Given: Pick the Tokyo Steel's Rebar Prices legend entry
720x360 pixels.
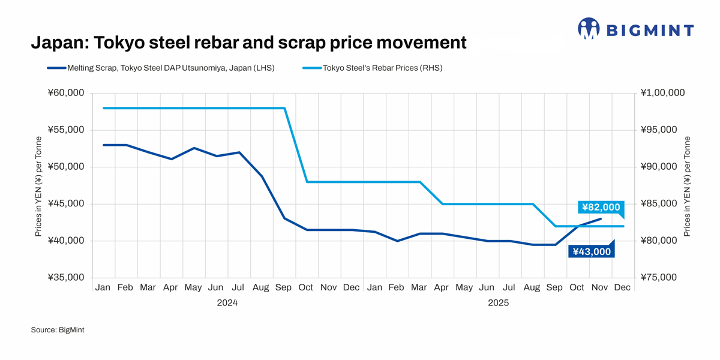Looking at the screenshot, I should (x=382, y=68).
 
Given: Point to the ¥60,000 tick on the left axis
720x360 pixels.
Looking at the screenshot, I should (x=65, y=93).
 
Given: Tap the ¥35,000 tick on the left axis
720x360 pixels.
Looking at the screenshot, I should (x=65, y=278).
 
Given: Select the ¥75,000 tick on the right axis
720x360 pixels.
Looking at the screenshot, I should (x=659, y=278).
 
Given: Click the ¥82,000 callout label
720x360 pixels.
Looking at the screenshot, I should (x=600, y=207).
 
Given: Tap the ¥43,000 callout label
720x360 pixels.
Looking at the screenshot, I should (x=592, y=252).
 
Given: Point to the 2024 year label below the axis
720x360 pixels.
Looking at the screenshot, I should (x=227, y=303).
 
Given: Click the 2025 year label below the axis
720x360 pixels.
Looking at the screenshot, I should (x=499, y=303).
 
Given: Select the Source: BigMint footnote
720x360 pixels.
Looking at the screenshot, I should (x=58, y=330).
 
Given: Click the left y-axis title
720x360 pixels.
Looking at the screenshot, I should (x=38, y=186).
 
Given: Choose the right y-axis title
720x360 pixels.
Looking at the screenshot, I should (x=688, y=186).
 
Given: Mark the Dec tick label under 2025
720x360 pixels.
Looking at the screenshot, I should (x=622, y=288).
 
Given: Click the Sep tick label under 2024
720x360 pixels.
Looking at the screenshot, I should (x=283, y=288).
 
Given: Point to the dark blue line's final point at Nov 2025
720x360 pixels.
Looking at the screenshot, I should (x=601, y=219).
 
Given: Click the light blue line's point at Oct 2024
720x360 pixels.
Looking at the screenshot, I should (x=307, y=182).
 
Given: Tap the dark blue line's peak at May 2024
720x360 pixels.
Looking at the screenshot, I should (x=194, y=148).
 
